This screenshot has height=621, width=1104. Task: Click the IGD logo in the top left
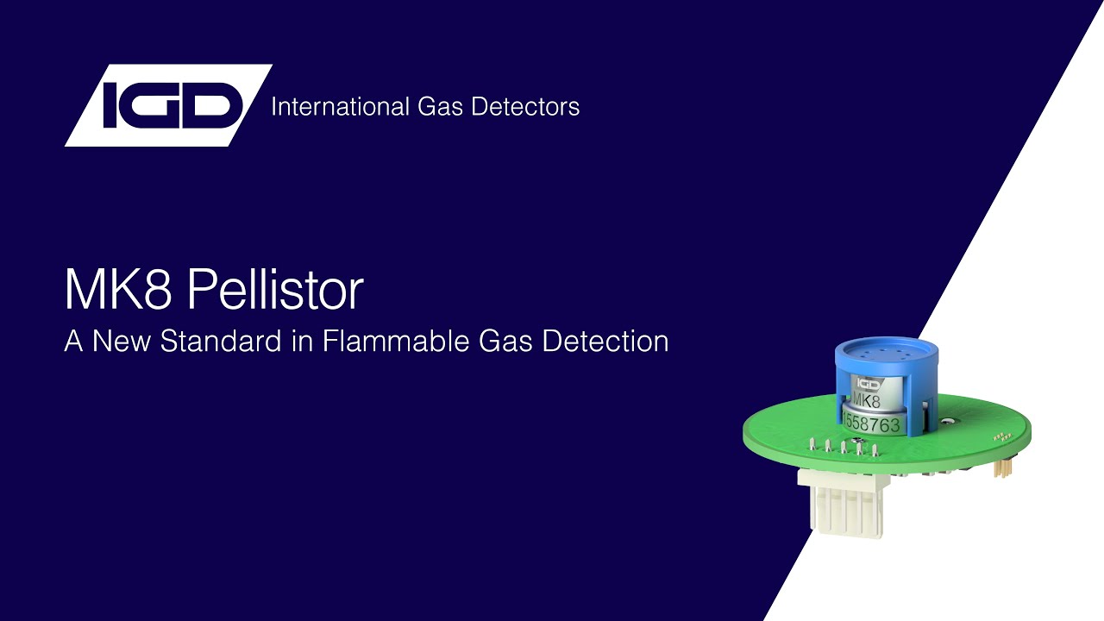168,105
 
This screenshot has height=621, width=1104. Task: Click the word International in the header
326,107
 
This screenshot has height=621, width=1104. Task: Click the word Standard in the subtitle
221,341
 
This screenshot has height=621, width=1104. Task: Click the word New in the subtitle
121,341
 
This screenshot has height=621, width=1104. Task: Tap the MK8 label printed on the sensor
866,401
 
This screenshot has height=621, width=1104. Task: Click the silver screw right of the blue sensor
947,422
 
